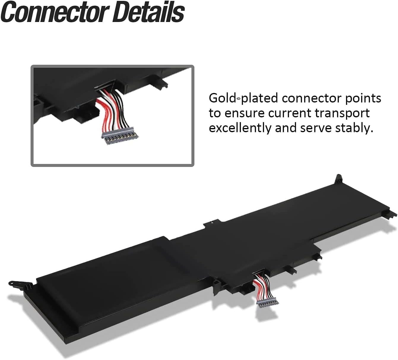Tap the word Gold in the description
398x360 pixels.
222,98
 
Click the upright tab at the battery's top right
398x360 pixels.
339,179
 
